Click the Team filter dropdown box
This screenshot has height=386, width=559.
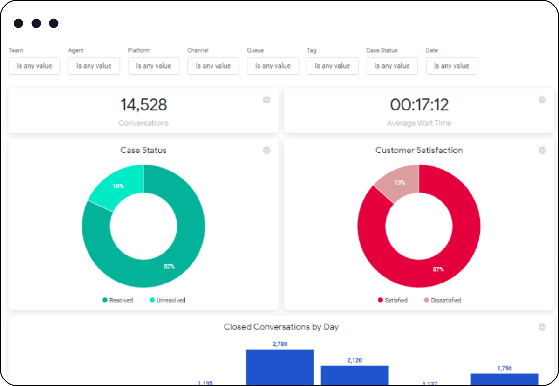point(34,66)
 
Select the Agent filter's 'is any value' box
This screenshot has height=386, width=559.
point(94,66)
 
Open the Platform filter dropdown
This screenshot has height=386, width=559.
point(153,66)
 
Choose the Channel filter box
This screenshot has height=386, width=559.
point(213,66)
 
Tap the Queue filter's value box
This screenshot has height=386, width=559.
point(273,66)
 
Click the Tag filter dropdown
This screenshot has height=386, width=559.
point(332,66)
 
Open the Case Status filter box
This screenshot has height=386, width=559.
point(392,66)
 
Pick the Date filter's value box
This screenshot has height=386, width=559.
point(451,66)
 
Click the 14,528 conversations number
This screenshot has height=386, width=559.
point(143,105)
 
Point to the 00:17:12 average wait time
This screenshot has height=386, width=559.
point(419,105)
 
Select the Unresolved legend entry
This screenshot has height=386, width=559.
point(168,300)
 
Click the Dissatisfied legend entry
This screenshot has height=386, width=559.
point(442,300)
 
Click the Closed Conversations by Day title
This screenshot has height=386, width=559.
point(281,327)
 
